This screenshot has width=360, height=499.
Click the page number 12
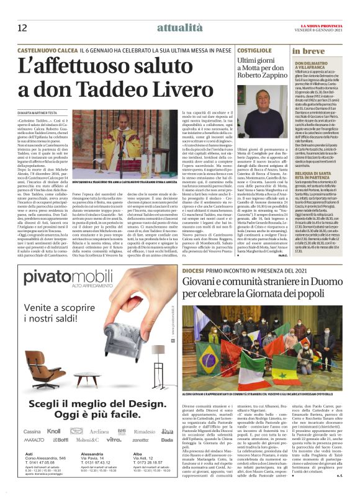(x=22, y=26)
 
